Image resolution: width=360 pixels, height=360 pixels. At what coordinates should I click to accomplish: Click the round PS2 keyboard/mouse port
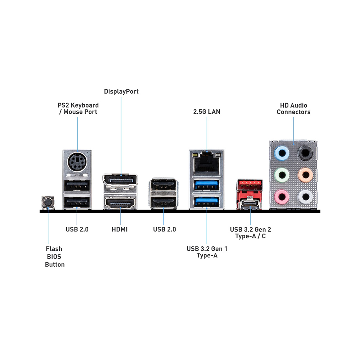pos(77,162)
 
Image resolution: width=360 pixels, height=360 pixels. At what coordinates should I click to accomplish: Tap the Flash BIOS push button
pos(48,202)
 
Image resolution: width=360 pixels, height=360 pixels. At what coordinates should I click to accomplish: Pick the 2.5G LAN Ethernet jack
pos(207,163)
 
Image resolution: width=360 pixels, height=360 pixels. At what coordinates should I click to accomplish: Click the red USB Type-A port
pos(250,184)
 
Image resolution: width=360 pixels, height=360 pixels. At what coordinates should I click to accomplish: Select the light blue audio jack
pos(282,153)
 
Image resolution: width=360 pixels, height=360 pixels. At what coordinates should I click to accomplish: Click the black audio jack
pos(305,153)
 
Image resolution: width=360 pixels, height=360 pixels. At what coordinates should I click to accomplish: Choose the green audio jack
pos(282,175)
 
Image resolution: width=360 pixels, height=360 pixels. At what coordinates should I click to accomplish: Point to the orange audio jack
pos(305,175)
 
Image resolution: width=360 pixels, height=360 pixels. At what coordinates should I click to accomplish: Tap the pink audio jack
pos(282,197)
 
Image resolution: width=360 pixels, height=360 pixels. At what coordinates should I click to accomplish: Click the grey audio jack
pos(305,197)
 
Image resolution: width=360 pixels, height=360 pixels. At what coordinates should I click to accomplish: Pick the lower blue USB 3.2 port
pos(206,202)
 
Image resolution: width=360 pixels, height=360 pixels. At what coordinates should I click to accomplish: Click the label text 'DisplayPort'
pos(121,91)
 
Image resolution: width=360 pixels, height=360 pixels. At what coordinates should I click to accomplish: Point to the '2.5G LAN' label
pos(207,112)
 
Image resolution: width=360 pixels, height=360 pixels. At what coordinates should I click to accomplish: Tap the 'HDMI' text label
pos(120,229)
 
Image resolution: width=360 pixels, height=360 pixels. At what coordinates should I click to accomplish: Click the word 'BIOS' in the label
pos(54,257)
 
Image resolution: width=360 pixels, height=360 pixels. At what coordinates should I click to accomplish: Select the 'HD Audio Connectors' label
pos(294,109)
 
